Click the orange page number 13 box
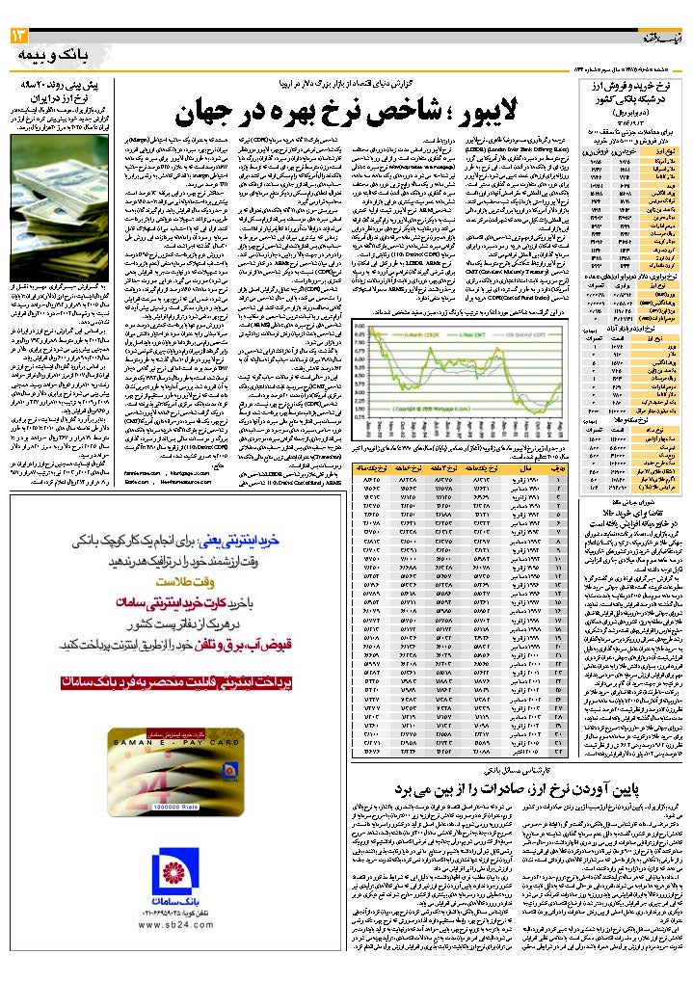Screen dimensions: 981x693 pos(19,36)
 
